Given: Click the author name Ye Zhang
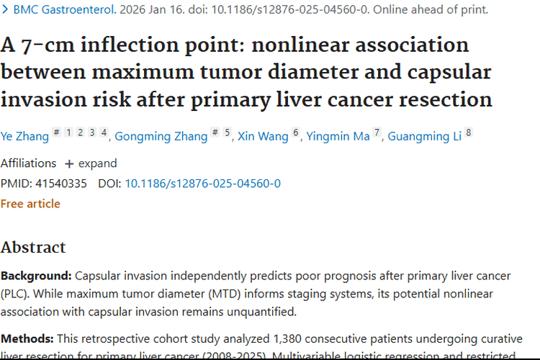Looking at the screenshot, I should (24, 136).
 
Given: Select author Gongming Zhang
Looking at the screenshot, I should (161, 136).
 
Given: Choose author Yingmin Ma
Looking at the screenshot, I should (338, 136).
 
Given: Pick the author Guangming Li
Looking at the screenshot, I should (424, 136).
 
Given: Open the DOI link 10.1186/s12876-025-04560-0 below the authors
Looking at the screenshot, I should (202, 184).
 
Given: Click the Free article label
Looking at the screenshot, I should (30, 204).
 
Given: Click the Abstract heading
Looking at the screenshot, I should (33, 248).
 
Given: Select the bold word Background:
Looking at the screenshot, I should (36, 276).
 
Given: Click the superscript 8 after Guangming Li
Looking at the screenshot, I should (469, 132).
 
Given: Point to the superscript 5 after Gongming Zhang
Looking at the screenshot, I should (228, 132).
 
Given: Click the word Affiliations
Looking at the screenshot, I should (29, 163).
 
